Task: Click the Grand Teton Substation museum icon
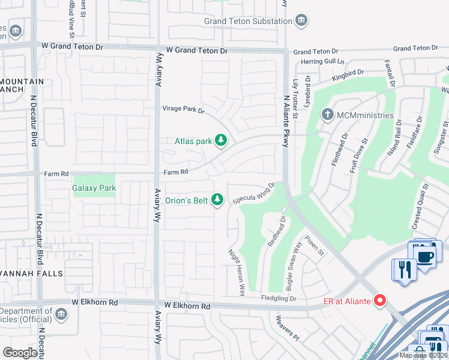(302, 22)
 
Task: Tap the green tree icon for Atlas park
(221, 141)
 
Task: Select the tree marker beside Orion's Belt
(218, 200)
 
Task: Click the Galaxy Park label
(94, 188)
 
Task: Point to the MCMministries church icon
(328, 115)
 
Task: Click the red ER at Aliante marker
(379, 301)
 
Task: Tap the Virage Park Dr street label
(184, 110)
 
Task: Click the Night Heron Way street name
(237, 274)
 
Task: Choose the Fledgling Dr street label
(279, 298)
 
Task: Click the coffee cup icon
(427, 256)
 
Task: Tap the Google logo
(20, 353)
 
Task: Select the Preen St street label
(314, 246)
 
